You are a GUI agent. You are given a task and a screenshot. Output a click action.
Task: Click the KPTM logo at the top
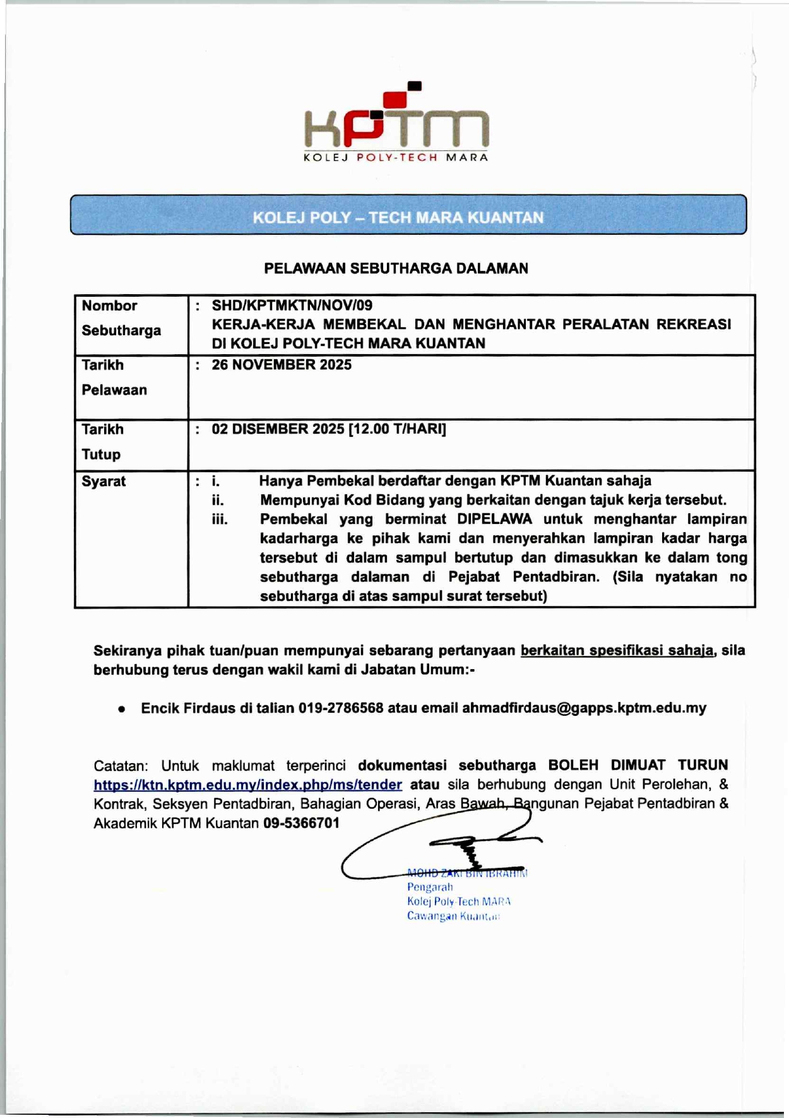396,123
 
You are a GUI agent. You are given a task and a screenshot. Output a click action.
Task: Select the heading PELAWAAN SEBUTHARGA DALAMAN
396,268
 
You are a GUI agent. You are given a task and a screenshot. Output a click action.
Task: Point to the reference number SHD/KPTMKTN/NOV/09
292,306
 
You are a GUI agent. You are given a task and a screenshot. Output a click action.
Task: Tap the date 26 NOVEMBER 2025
282,365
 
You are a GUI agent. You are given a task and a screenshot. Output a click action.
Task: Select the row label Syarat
104,481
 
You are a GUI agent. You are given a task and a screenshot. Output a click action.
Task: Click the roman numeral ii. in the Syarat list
218,501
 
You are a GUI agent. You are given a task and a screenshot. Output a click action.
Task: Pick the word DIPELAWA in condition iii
494,520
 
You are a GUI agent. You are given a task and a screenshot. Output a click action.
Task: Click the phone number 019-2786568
341,708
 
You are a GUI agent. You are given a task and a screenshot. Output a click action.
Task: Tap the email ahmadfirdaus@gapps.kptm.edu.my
584,708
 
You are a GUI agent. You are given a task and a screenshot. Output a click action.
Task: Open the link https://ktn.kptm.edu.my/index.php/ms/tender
247,785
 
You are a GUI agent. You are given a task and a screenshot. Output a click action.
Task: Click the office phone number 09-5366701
301,823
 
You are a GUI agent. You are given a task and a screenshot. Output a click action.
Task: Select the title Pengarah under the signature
429,887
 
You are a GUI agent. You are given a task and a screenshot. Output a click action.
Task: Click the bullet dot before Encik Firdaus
121,709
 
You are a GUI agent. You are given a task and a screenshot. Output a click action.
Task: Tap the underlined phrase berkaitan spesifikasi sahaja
617,650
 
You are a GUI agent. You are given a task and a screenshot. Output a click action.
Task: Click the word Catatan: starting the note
121,766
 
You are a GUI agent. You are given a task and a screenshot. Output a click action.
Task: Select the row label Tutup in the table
101,455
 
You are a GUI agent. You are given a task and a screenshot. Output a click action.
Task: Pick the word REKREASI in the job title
694,324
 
